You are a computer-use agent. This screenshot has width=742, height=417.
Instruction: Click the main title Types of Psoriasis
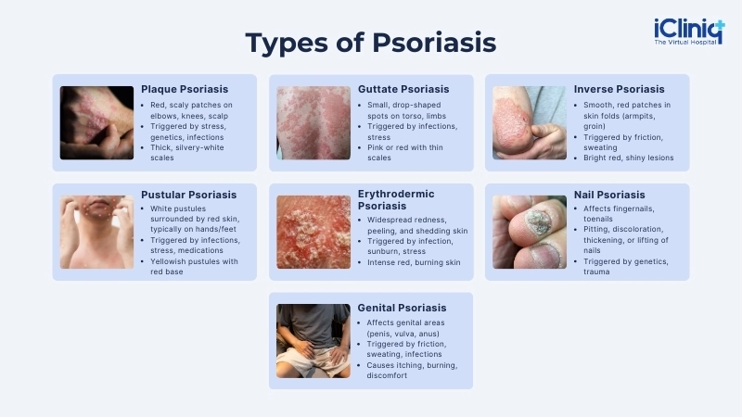click(x=370, y=43)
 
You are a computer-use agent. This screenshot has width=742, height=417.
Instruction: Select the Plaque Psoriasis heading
click(x=185, y=89)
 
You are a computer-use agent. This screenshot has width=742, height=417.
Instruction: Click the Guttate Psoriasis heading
click(x=403, y=89)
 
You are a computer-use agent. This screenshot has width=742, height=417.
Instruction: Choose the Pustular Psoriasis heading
click(x=188, y=195)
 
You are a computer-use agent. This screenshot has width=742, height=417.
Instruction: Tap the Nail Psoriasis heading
click(x=609, y=195)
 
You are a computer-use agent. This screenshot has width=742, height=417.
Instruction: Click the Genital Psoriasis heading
click(x=402, y=308)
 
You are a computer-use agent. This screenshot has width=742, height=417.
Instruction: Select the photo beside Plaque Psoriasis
click(x=96, y=123)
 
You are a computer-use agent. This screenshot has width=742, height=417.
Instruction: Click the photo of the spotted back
click(x=313, y=123)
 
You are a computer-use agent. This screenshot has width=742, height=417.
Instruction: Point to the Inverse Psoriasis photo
click(x=529, y=123)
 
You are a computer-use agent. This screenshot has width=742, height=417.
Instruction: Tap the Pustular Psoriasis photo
click(x=96, y=232)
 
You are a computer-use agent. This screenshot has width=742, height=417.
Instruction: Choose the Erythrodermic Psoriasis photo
click(x=313, y=232)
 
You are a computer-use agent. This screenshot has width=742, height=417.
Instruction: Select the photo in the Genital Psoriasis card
click(x=313, y=341)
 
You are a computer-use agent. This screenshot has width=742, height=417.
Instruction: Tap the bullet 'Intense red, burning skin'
click(x=408, y=262)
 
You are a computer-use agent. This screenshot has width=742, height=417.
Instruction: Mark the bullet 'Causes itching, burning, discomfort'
click(x=408, y=371)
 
